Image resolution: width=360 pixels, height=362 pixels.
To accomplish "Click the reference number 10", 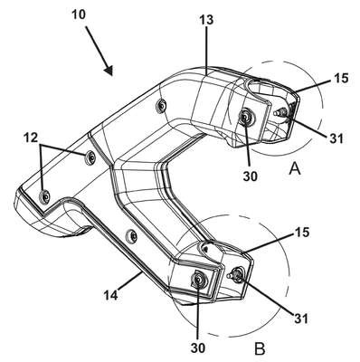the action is click(x=79, y=14).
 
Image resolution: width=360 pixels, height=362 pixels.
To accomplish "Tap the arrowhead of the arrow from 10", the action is click(x=109, y=70).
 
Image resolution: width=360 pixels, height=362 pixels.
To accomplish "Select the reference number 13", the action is click(x=206, y=20).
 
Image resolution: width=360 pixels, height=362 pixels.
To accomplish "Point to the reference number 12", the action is click(x=31, y=138).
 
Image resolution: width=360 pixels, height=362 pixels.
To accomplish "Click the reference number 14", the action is click(x=111, y=294).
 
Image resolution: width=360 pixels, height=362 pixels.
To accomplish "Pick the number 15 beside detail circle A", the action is click(x=341, y=79).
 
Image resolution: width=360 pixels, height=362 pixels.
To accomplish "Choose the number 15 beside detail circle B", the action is click(x=302, y=233).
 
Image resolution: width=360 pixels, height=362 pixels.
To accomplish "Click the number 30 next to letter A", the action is click(x=251, y=176).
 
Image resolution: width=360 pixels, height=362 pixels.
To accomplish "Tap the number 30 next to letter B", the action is click(x=198, y=348).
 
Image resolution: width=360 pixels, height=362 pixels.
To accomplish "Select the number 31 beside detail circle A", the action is click(x=336, y=138).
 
